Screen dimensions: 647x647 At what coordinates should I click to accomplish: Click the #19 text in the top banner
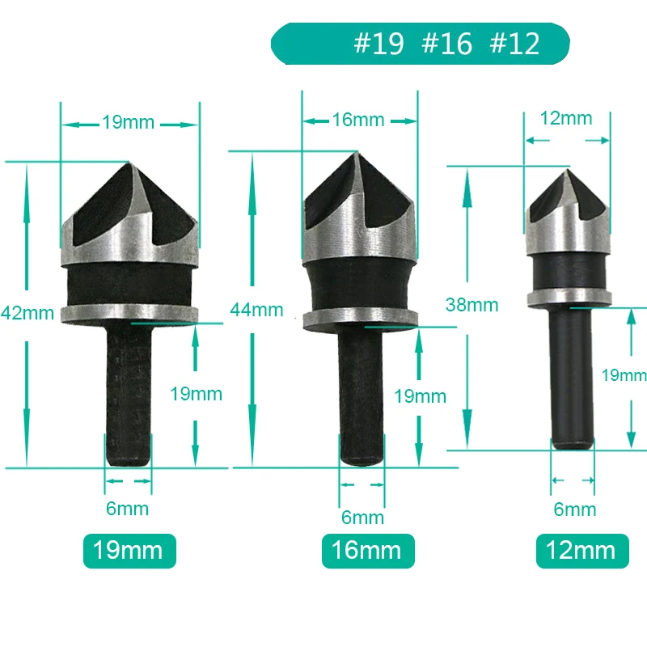tap(378, 44)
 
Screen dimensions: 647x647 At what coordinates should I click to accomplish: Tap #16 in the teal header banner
tap(447, 44)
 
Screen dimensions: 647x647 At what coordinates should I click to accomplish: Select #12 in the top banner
tap(514, 44)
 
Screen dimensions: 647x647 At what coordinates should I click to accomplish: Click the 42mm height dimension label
tap(27, 313)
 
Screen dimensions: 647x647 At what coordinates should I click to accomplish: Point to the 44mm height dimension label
tap(256, 310)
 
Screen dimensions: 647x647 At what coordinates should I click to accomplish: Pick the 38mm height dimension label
tap(472, 305)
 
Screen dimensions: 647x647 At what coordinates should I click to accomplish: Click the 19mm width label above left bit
tap(129, 122)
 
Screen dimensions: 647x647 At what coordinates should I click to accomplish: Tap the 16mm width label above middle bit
tap(358, 120)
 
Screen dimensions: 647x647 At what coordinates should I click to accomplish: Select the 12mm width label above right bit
tap(566, 118)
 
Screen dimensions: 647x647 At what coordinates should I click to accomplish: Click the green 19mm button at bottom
tap(129, 551)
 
